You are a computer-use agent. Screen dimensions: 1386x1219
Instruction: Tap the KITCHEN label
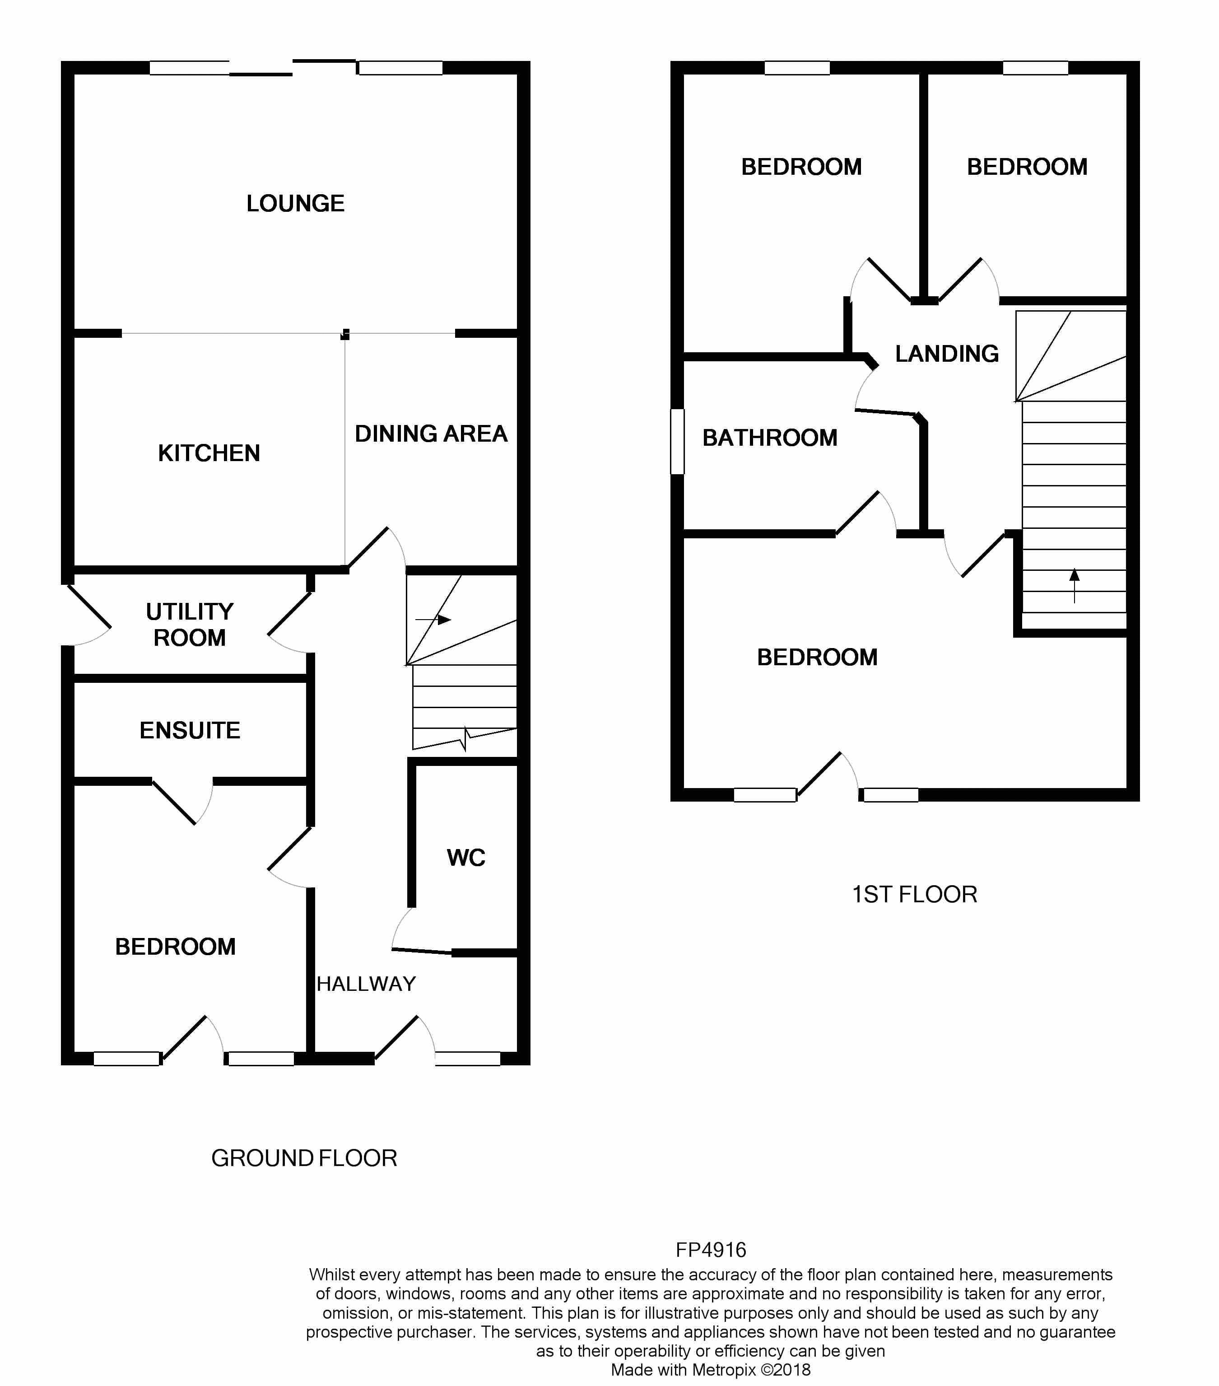(x=209, y=453)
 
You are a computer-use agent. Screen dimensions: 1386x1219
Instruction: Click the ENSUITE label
(x=190, y=730)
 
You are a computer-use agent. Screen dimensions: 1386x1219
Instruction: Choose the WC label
(x=466, y=858)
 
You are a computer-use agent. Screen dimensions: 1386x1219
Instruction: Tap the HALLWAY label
(x=366, y=984)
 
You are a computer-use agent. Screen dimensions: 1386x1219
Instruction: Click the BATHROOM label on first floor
(x=769, y=438)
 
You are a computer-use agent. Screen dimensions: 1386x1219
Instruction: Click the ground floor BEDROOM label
(x=175, y=947)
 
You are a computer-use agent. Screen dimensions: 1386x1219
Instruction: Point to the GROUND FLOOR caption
(x=304, y=1158)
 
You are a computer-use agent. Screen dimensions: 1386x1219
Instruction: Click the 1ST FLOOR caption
(x=914, y=894)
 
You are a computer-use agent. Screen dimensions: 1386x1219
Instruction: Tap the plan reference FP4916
(x=711, y=1250)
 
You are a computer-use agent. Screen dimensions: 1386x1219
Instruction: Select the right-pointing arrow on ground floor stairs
(x=434, y=620)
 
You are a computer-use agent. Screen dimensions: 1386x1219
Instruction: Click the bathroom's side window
(x=677, y=441)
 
